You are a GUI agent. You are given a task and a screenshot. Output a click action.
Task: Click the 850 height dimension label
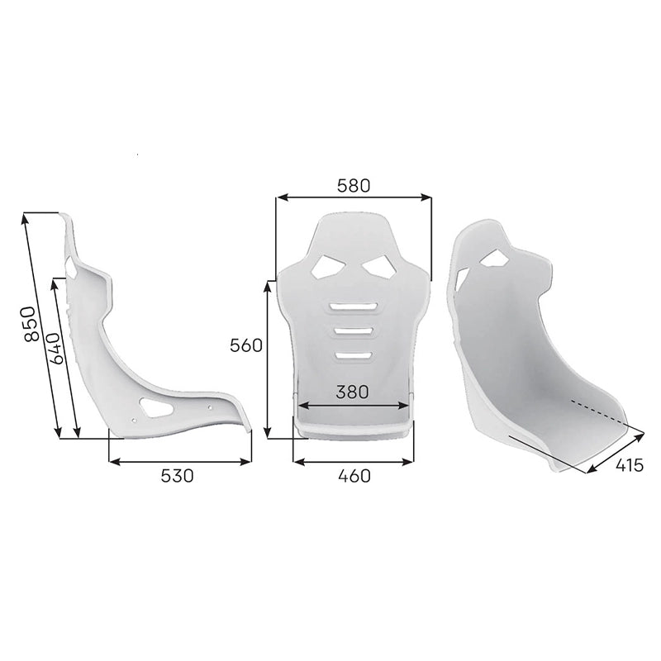tap(31, 324)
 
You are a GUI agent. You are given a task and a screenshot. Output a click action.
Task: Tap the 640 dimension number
tap(56, 348)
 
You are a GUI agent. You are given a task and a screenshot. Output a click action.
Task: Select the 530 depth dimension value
tap(177, 476)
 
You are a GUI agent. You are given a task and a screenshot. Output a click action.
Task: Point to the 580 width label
tap(354, 185)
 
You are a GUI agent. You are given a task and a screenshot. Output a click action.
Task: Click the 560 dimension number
tap(245, 345)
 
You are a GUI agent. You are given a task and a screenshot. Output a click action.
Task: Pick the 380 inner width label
tap(352, 392)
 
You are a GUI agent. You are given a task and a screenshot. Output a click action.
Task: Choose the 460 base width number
tap(354, 476)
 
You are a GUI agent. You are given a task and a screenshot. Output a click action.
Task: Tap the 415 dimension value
tap(630, 465)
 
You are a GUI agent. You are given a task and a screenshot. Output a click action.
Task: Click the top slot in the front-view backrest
tap(354, 307)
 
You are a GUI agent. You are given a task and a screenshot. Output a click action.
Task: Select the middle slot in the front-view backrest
tap(354, 331)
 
